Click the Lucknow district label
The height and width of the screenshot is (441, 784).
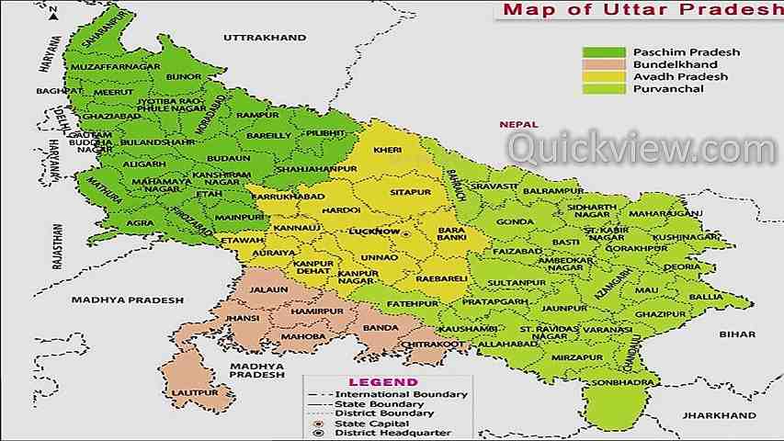pyautogui.click(x=378, y=232)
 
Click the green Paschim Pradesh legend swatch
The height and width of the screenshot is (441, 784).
pyautogui.click(x=602, y=52)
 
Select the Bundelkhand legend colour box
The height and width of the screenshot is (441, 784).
pyautogui.click(x=602, y=64)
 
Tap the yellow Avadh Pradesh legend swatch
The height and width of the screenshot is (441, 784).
pyautogui.click(x=602, y=76)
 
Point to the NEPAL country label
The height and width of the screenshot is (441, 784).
pyautogui.click(x=517, y=123)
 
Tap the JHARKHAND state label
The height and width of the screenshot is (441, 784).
pyautogui.click(x=709, y=415)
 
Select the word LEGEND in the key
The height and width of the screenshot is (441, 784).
pyautogui.click(x=382, y=382)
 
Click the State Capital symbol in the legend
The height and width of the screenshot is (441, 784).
pyautogui.click(x=319, y=424)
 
